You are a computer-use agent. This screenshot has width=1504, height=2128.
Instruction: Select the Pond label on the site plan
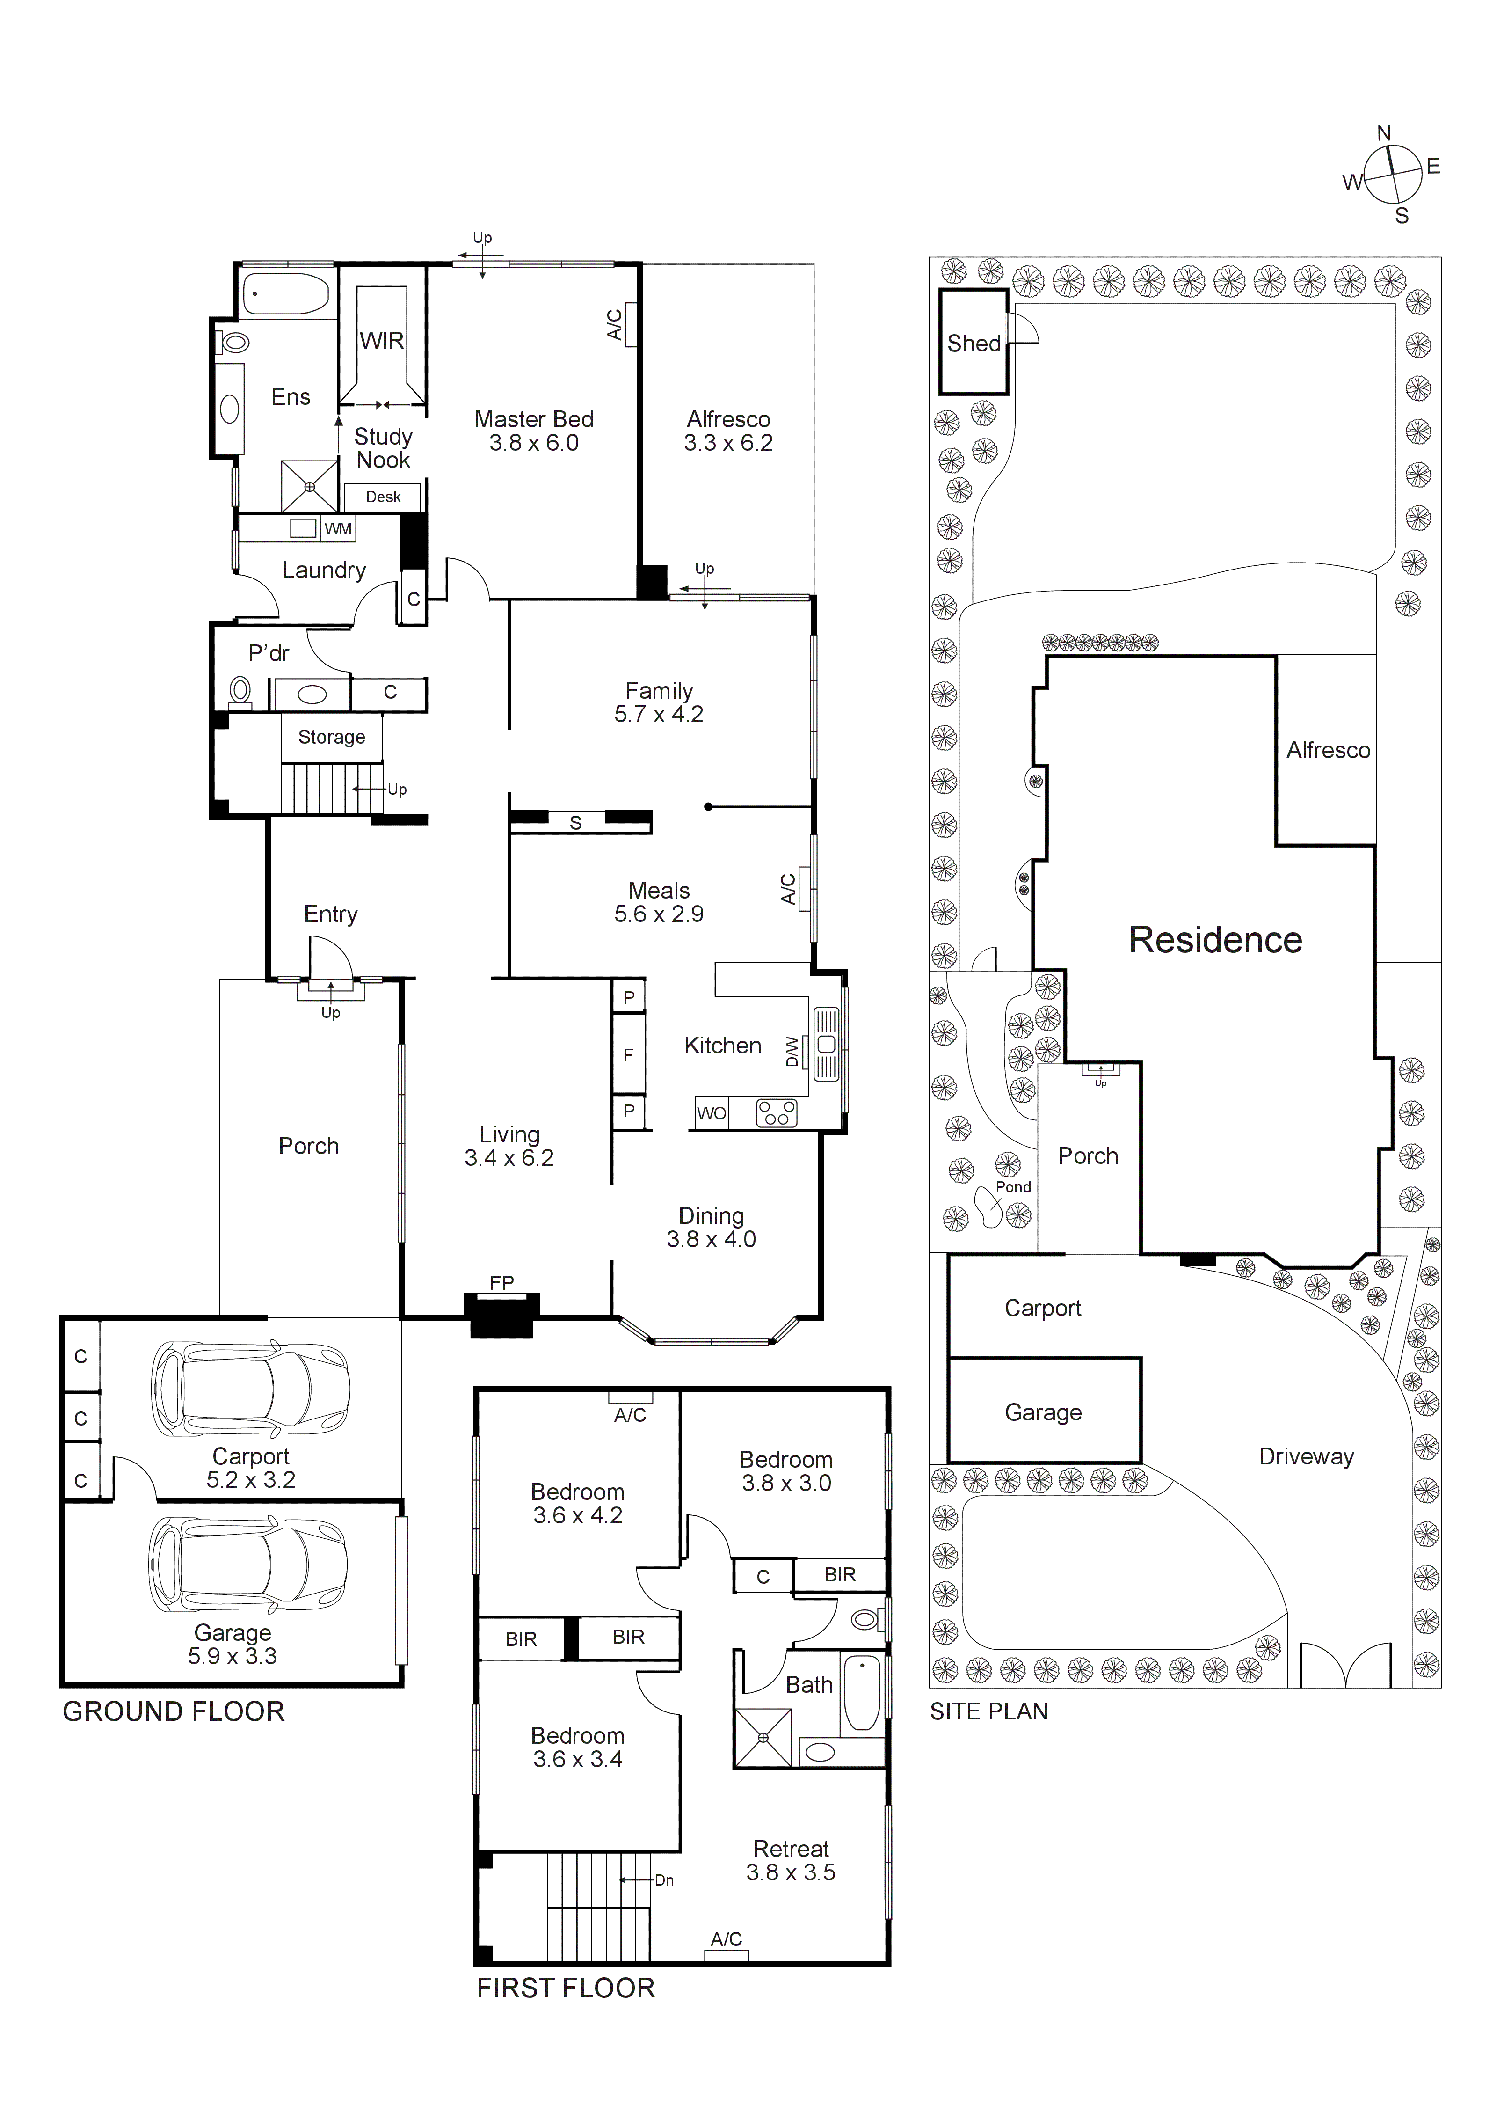tap(1013, 1187)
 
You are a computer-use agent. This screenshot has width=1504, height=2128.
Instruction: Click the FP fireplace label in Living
tap(501, 1283)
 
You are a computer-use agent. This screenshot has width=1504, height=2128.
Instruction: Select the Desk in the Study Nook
tap(383, 497)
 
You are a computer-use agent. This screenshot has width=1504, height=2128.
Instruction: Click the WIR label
tap(382, 341)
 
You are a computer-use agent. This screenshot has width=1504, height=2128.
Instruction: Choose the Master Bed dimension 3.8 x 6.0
tap(534, 443)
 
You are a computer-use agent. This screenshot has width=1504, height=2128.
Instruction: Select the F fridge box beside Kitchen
tap(628, 1055)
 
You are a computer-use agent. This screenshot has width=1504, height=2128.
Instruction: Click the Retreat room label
tap(791, 1849)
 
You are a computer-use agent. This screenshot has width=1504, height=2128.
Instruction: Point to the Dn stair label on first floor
tap(663, 1880)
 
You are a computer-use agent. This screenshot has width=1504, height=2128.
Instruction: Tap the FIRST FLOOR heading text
tap(565, 1988)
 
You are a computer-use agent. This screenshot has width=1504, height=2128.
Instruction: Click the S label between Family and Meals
tap(575, 823)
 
